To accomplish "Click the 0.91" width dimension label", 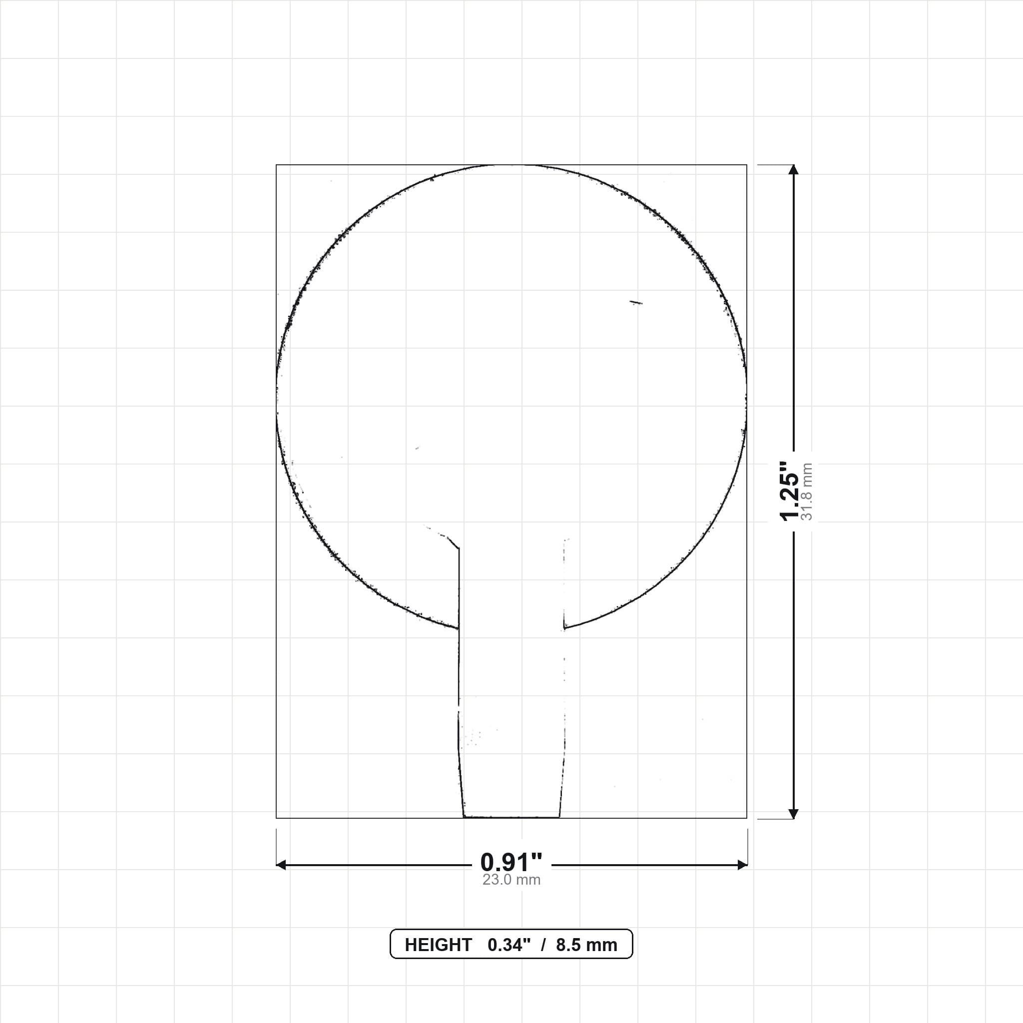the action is click(511, 863).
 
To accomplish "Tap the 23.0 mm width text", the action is click(511, 880).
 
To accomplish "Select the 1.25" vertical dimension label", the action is click(789, 491).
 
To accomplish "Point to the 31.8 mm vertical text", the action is click(807, 492).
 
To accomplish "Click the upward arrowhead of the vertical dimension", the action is click(793, 169).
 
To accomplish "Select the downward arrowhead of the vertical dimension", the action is click(793, 814).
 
